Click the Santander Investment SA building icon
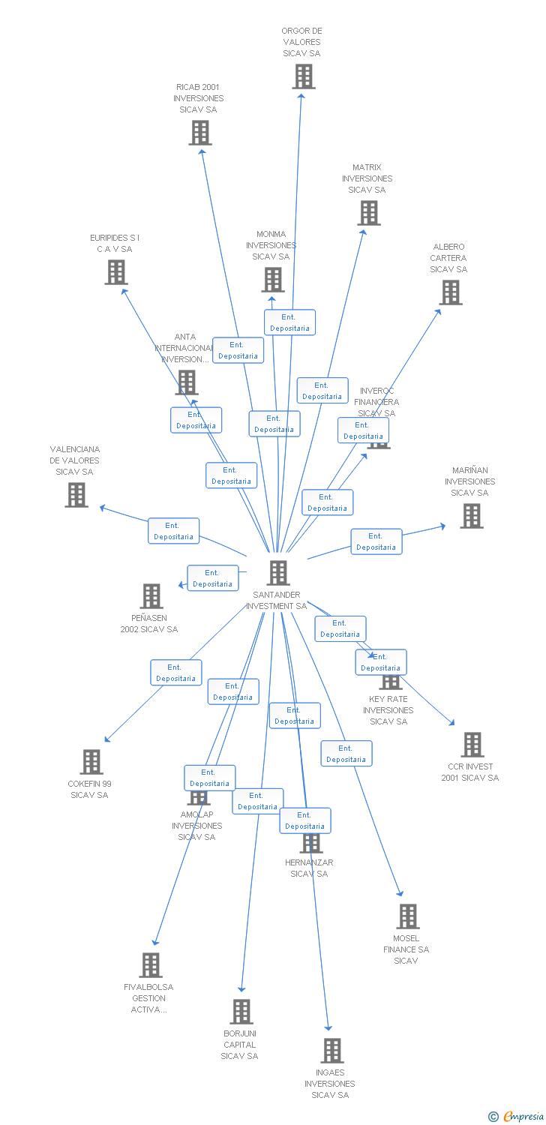278,573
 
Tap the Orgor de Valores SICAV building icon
303,76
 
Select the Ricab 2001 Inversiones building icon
199,133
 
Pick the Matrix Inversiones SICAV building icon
368,213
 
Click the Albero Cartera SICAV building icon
450,292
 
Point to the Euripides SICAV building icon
116,272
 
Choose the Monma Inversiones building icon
272,280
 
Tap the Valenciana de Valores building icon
76,495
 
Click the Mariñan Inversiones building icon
471,516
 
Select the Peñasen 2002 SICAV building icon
151,596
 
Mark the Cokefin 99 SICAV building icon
91,762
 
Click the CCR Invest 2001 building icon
472,745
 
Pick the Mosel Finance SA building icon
407,916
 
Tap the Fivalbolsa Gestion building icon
151,965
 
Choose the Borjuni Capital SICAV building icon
241,1012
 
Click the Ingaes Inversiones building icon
331,1051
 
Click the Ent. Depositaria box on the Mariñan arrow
376,541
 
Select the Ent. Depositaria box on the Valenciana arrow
173,531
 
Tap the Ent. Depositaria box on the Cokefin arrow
176,673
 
